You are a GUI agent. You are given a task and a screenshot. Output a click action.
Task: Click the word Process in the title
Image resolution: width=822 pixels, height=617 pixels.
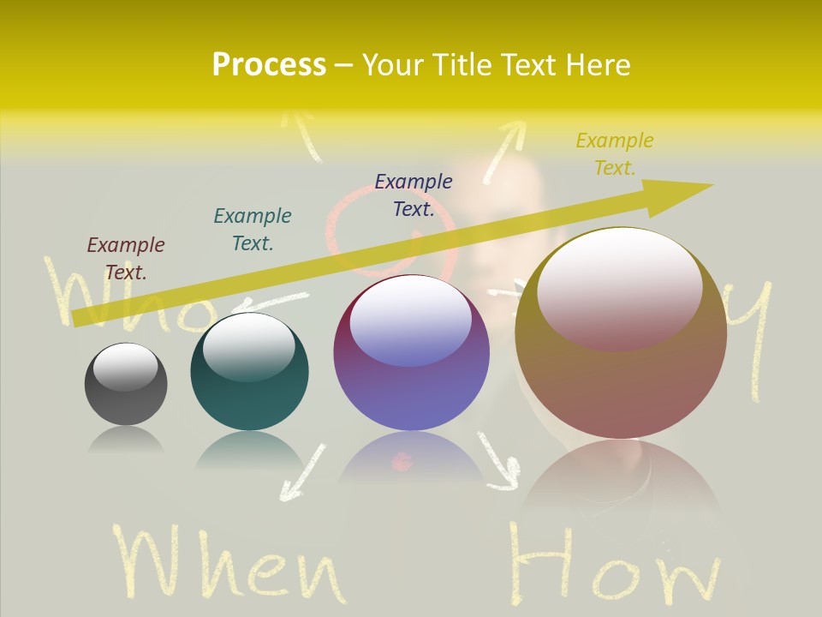[269, 65]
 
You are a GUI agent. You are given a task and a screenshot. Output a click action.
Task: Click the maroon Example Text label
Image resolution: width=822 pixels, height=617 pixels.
[126, 259]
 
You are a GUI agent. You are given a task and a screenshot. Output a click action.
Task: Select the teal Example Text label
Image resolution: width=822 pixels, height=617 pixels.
[253, 230]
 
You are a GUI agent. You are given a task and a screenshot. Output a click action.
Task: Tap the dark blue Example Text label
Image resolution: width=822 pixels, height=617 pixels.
[414, 195]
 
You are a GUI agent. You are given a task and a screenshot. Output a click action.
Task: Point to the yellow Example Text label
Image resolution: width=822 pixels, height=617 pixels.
[615, 154]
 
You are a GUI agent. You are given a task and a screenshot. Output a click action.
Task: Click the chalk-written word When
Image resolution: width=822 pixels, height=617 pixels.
[228, 566]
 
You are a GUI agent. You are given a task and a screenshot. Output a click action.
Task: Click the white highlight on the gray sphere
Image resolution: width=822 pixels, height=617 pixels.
[126, 367]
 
